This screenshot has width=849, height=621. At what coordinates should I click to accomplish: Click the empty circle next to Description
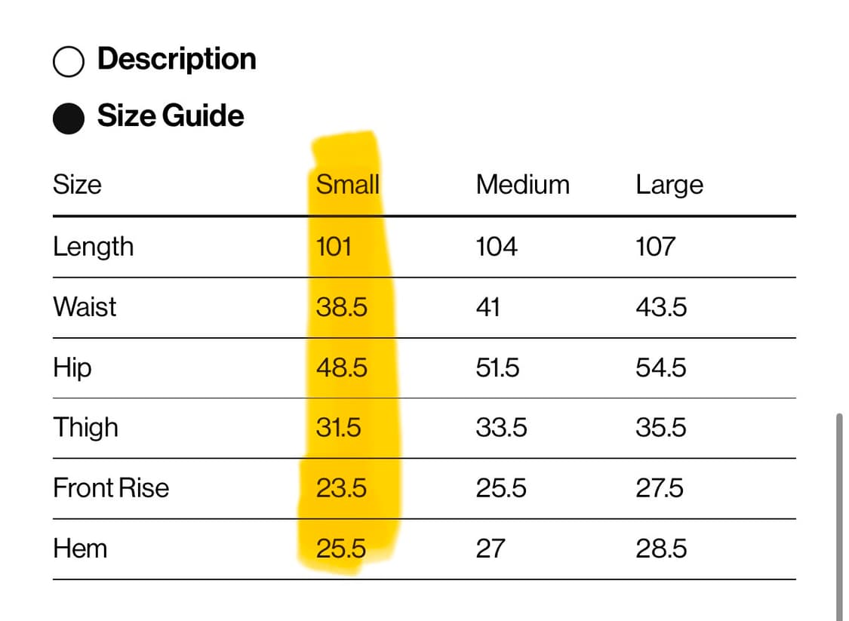(x=69, y=61)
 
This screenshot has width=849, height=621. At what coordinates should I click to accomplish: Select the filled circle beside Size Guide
(x=69, y=118)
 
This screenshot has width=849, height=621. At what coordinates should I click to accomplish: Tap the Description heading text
(x=177, y=60)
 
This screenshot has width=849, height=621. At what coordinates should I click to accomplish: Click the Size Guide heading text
(x=171, y=115)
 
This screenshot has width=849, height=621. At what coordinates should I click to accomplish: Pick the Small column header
(x=348, y=185)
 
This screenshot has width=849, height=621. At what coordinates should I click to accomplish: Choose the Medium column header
(x=522, y=185)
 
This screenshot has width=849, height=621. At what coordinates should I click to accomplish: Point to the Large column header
(x=669, y=186)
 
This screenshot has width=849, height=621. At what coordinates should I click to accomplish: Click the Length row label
(x=93, y=247)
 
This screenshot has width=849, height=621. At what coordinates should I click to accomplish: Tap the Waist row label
(x=85, y=307)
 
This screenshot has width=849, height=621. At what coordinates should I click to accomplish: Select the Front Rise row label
(x=111, y=487)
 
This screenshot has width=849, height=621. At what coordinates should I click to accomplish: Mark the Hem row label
(x=80, y=549)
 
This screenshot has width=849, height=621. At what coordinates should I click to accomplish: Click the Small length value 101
(x=334, y=247)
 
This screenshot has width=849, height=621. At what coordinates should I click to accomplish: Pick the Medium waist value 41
(x=488, y=307)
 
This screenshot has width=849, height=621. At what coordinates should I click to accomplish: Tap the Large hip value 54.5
(x=661, y=367)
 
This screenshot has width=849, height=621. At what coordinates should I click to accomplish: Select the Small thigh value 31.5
(x=338, y=428)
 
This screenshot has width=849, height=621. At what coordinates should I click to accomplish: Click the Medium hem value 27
(x=490, y=549)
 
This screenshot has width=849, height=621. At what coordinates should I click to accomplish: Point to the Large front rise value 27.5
(x=660, y=487)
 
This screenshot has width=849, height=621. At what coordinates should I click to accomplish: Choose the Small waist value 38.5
(x=342, y=307)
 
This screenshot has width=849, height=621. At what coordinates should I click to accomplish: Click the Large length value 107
(x=655, y=247)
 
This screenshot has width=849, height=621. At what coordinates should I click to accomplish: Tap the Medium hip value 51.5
(x=497, y=367)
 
